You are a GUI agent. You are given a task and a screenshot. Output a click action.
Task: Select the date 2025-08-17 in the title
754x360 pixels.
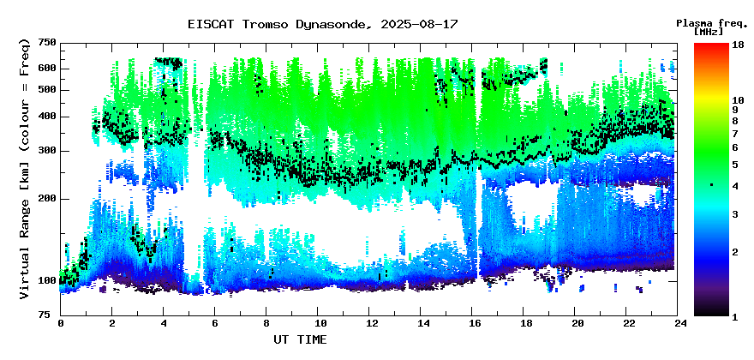pyautogui.click(x=419, y=24)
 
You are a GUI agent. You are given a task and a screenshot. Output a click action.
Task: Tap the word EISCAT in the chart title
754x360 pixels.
pyautogui.click(x=211, y=24)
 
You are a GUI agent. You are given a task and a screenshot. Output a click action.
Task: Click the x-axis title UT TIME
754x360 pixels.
pyautogui.click(x=300, y=339)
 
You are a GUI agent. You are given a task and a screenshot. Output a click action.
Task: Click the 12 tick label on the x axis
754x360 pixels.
pyautogui.click(x=368, y=323)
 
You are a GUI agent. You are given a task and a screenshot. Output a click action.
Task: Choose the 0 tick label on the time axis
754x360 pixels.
pyautogui.click(x=61, y=323)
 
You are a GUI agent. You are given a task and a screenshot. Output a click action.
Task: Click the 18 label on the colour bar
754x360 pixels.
pyautogui.click(x=738, y=45)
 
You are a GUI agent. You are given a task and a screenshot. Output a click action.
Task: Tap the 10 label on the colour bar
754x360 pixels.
pyautogui.click(x=738, y=100)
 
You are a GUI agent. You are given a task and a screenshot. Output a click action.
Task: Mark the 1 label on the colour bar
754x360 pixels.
pyautogui.click(x=735, y=317)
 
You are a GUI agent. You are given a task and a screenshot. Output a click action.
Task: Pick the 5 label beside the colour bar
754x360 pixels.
pyautogui.click(x=735, y=165)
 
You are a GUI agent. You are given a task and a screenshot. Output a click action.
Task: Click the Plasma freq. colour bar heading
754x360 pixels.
pyautogui.click(x=712, y=24)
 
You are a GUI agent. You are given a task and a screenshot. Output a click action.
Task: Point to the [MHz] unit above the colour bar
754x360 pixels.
pyautogui.click(x=709, y=32)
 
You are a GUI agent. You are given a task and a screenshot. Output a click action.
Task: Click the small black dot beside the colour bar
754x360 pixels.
pyautogui.click(x=711, y=184)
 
